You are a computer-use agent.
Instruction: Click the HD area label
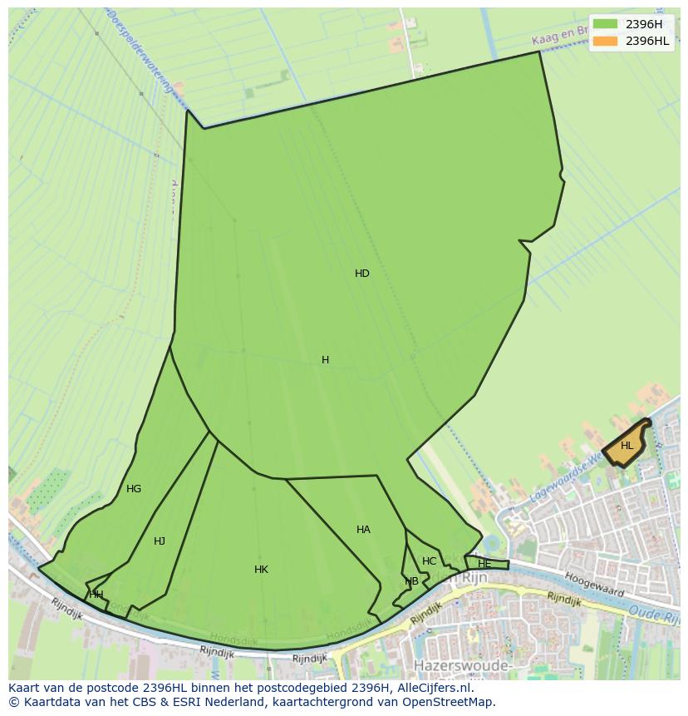[x=362, y=274]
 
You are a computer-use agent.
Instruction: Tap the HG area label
[x=134, y=489]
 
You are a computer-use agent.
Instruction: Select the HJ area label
[x=160, y=541]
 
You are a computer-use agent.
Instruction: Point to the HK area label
[x=262, y=570]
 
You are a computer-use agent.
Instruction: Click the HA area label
[x=363, y=530]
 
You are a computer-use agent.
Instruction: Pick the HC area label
[x=429, y=561]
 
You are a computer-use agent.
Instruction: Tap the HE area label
[x=484, y=564]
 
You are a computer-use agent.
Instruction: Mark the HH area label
[x=96, y=594]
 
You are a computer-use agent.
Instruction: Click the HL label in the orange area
[x=627, y=446]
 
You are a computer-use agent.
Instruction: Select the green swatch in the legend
[x=605, y=24]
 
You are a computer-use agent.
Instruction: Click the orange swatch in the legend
[x=605, y=41]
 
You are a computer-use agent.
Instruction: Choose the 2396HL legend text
[x=647, y=41]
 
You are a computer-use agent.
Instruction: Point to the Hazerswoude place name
[x=459, y=666]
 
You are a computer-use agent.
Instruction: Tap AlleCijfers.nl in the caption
[x=431, y=688]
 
